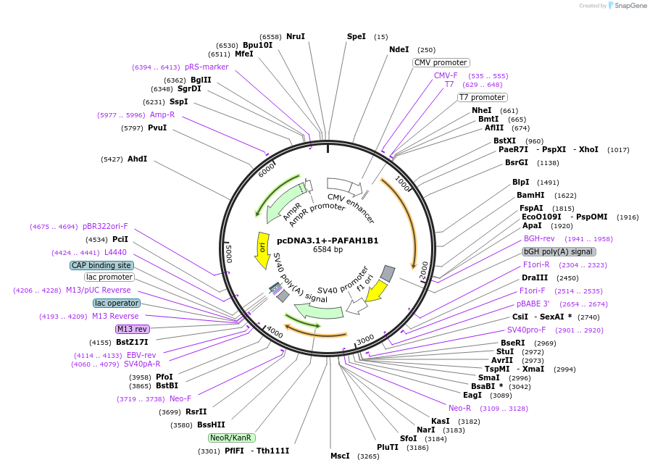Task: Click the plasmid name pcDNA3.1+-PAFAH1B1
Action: (328, 241)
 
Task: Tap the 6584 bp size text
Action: (328, 250)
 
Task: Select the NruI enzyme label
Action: (295, 36)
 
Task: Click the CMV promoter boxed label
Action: (441, 62)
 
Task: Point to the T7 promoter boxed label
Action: (482, 97)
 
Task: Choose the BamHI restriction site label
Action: (530, 196)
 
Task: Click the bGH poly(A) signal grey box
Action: (559, 251)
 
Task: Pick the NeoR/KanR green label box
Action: (231, 438)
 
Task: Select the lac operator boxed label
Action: (116, 303)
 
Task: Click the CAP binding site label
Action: (101, 265)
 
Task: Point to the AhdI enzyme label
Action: (137, 159)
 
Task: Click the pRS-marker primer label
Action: (207, 67)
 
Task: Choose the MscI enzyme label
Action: (340, 456)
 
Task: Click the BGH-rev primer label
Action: (539, 238)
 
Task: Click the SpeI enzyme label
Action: (357, 36)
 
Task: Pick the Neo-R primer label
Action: (459, 408)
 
